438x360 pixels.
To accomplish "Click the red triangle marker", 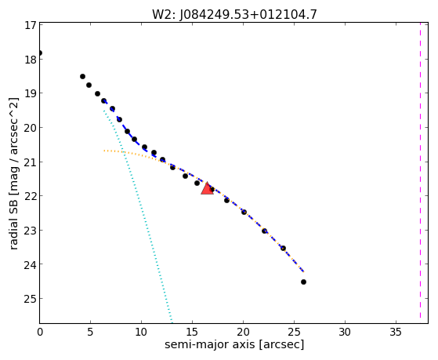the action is (208, 189).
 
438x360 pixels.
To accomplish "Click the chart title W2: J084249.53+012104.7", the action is (234, 15).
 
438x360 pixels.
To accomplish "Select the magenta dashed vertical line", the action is (420, 171).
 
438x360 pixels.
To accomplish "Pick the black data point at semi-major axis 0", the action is (40, 53).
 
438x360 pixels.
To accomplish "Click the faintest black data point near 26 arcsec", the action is (304, 282).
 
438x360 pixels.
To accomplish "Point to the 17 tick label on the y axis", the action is (31, 25).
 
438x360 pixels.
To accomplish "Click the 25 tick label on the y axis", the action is (31, 299).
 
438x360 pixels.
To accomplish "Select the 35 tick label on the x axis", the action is (396, 332).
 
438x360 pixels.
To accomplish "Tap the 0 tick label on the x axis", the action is (40, 332).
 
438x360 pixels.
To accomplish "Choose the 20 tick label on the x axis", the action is (243, 332).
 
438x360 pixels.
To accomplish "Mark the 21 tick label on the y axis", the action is (31, 162).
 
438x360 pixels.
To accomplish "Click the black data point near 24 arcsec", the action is (283, 248).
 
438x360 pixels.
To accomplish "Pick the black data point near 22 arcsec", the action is (265, 231).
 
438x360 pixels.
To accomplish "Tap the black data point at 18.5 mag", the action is (83, 76).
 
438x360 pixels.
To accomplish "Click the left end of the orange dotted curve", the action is (104, 151).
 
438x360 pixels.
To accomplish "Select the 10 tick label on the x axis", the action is (141, 332).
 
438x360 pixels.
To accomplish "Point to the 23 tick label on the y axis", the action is (31, 231).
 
